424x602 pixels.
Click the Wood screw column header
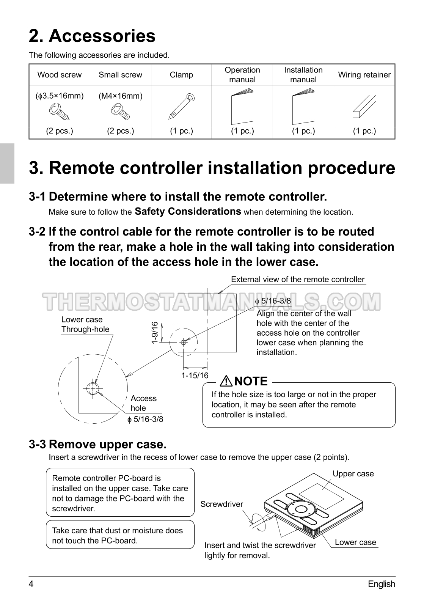tap(60, 75)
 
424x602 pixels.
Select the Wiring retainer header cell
tap(364, 75)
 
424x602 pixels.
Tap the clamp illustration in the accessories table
tap(181, 107)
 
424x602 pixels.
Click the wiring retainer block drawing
tap(364, 106)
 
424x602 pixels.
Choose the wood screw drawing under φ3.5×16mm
tap(60, 112)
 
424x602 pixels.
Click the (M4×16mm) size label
tap(120, 96)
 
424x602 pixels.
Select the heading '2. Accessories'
tap(92, 36)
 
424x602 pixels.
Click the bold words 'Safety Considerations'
tap(188, 212)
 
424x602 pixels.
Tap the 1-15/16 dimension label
tap(195, 376)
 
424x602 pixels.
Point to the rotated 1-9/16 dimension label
tap(155, 333)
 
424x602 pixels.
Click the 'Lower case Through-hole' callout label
tap(85, 324)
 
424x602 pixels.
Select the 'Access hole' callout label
tap(143, 403)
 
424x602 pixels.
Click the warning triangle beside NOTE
tap(226, 381)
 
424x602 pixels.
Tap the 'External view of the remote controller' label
tap(298, 280)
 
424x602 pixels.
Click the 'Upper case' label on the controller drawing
tap(353, 473)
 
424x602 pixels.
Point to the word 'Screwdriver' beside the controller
tap(222, 504)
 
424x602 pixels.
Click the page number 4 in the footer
tap(31, 584)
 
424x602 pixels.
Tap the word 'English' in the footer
tap(382, 584)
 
